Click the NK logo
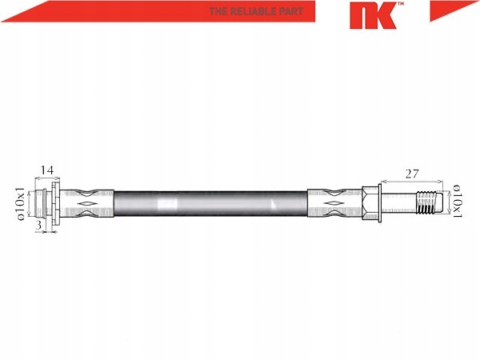pos(373,15)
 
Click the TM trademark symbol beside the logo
pos(401,4)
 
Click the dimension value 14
pos(47,170)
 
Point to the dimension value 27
pos(412,174)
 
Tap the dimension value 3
pos(38,225)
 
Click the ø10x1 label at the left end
pos(21,203)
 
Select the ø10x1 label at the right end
pos(457,201)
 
